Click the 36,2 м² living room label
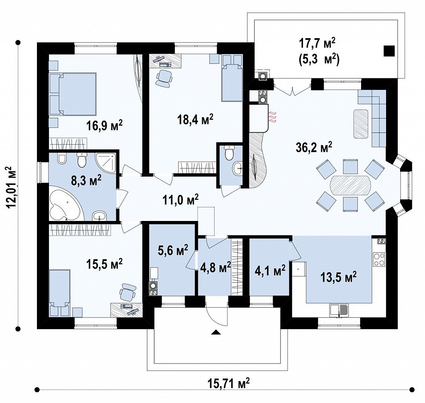(314, 147)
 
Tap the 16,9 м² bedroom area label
(104, 125)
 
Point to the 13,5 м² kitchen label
(339, 277)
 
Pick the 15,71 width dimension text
(229, 383)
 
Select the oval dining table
(350, 185)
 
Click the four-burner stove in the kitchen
(379, 259)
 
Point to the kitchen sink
(339, 311)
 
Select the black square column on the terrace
(389, 51)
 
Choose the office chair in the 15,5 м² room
(127, 292)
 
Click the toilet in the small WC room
(230, 153)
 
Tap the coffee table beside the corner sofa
(361, 124)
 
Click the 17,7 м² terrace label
(317, 44)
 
